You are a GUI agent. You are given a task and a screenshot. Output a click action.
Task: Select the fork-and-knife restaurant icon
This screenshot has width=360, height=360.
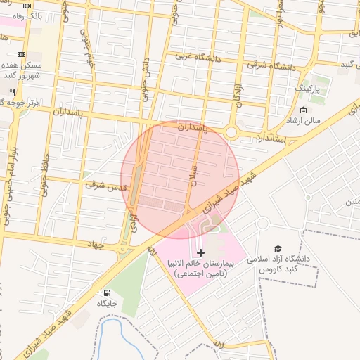(x=12, y=92)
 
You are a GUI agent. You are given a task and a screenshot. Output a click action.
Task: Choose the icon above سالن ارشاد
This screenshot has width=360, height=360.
(x=303, y=110)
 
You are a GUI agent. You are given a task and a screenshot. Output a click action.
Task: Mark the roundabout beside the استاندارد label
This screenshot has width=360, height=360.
(x=231, y=131)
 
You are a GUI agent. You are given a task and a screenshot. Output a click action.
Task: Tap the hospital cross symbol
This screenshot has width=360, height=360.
(x=201, y=252)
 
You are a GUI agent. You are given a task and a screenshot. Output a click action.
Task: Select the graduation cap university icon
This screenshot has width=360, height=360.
(x=278, y=249)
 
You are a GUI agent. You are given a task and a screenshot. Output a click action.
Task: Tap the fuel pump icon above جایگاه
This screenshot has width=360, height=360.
(x=107, y=292)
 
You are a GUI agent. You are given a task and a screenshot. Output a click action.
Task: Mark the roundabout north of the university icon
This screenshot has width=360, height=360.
(x=263, y=224)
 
